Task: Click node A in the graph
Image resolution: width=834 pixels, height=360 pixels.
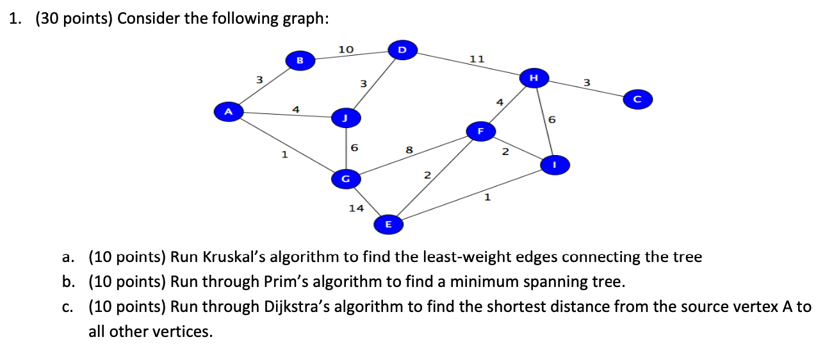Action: [x=228, y=111]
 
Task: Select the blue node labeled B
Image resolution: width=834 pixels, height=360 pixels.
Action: [x=299, y=60]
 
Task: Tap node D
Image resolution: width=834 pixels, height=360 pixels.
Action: [x=402, y=49]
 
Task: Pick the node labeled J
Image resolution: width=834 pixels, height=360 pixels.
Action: [x=346, y=118]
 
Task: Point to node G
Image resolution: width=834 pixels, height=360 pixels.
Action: [x=345, y=178]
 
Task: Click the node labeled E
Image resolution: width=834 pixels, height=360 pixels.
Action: [x=388, y=224]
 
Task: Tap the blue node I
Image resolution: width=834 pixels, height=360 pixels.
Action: [x=555, y=165]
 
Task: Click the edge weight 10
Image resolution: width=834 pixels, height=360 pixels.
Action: [x=346, y=49]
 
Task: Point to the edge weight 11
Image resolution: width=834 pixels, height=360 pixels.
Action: [x=477, y=59]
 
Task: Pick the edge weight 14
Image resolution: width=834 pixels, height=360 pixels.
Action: [x=356, y=208]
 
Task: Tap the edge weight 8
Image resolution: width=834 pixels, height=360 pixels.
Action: [x=409, y=150]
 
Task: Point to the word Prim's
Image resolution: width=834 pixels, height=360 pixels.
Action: [x=285, y=282]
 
